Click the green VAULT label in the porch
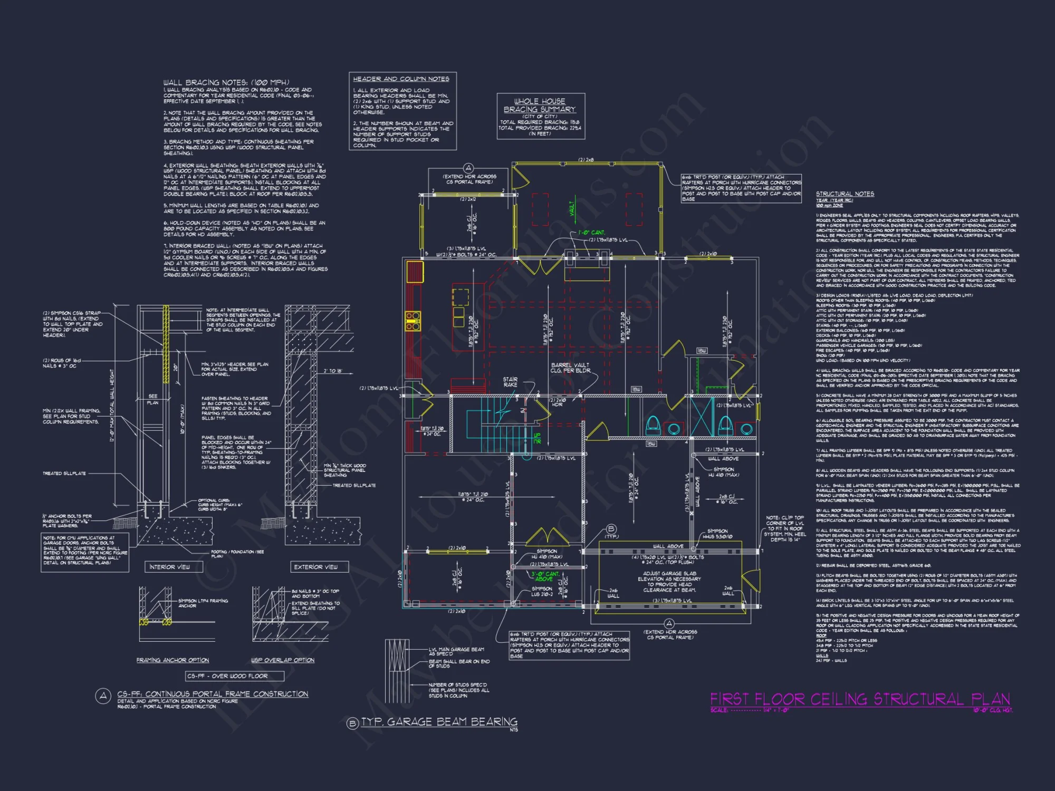[x=571, y=208]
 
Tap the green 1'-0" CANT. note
[x=591, y=233]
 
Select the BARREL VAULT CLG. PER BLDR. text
[x=570, y=368]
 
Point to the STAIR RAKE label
[x=510, y=382]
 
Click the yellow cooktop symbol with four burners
[x=413, y=321]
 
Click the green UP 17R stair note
[x=537, y=438]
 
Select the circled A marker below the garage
[x=669, y=624]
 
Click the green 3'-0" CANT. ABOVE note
[x=545, y=576]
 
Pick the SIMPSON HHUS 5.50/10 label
[x=717, y=534]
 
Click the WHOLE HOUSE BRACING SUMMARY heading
[x=540, y=105]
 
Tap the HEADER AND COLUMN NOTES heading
[x=401, y=79]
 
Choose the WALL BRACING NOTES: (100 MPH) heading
[x=226, y=82]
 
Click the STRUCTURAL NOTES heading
[x=845, y=194]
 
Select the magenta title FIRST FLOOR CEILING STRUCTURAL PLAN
[x=860, y=699]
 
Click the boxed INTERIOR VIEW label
[x=169, y=567]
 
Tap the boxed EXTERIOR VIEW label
[x=315, y=567]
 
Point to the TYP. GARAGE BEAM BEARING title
[x=439, y=722]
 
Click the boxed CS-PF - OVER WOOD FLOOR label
[x=235, y=676]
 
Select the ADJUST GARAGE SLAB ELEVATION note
[x=669, y=582]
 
